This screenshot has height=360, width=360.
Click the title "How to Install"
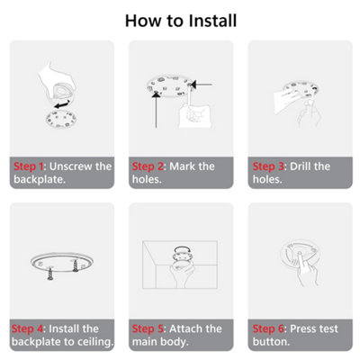(x=181, y=21)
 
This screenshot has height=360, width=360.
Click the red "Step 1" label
(x=29, y=166)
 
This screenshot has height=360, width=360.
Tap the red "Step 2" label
(x=148, y=166)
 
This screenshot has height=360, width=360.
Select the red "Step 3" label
(x=268, y=166)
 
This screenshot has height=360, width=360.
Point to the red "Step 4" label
(x=28, y=328)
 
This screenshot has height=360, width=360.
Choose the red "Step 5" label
(x=148, y=328)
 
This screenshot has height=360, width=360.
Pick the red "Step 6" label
(x=268, y=328)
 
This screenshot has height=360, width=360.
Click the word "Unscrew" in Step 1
(x=71, y=166)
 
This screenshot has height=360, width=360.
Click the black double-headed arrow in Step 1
(x=62, y=103)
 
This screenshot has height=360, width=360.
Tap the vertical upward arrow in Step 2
(x=156, y=110)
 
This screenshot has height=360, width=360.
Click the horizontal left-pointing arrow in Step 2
(x=202, y=85)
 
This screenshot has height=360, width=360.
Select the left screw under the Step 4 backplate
(x=50, y=274)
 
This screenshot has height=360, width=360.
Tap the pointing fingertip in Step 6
(x=300, y=255)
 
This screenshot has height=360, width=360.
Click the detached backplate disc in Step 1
(x=61, y=119)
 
